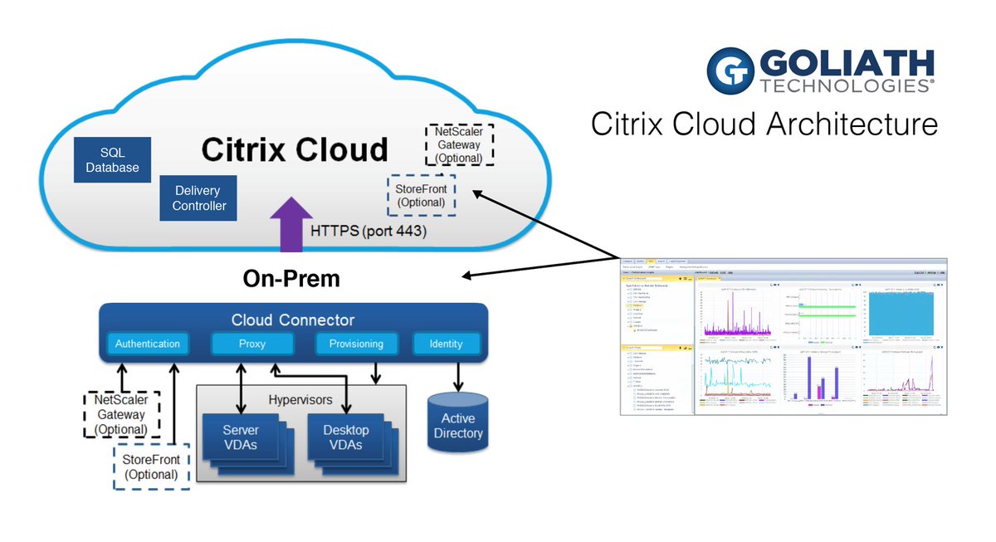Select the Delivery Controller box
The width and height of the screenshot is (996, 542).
[x=198, y=198]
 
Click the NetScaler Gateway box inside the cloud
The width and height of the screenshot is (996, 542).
[x=458, y=144]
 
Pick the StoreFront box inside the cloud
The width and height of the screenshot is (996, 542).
[x=421, y=195]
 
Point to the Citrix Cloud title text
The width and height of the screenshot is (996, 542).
[x=295, y=149]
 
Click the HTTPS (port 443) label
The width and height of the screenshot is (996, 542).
[x=369, y=232]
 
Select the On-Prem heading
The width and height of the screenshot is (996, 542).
[x=291, y=278]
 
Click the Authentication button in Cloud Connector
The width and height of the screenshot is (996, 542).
[x=147, y=344]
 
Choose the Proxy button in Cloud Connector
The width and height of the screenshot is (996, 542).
[x=251, y=344]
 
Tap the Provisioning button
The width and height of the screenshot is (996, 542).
[x=356, y=344]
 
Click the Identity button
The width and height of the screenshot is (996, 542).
[x=447, y=344]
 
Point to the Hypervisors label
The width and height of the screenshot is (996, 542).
[x=300, y=400]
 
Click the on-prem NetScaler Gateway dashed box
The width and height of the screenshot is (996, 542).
[x=120, y=414]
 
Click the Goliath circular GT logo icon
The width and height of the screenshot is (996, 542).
[x=730, y=71]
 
